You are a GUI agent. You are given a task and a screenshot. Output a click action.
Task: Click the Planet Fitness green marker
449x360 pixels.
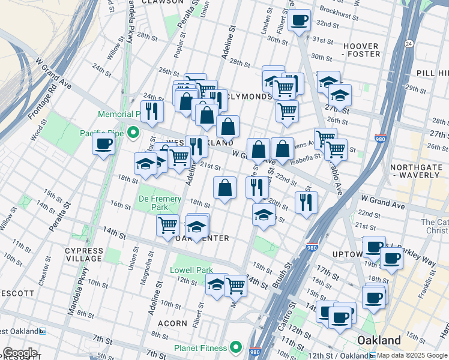(x=237, y=347)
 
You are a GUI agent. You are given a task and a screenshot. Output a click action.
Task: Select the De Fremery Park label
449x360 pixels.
(x=152, y=202)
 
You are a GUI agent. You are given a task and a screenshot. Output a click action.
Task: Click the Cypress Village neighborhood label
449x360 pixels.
(x=84, y=254)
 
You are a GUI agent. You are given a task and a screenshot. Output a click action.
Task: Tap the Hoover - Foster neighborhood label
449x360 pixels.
(x=361, y=50)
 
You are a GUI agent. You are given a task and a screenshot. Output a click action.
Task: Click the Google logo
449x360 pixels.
(x=20, y=353)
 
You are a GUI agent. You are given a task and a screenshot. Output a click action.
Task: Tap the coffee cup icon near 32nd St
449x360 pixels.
(x=299, y=20)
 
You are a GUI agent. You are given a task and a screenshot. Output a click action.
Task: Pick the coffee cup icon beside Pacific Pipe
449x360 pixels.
(x=103, y=145)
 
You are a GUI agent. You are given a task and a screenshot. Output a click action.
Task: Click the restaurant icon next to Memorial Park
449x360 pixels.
(x=151, y=111)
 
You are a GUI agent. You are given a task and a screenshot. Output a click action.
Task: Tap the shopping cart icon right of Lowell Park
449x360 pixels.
(x=236, y=285)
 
